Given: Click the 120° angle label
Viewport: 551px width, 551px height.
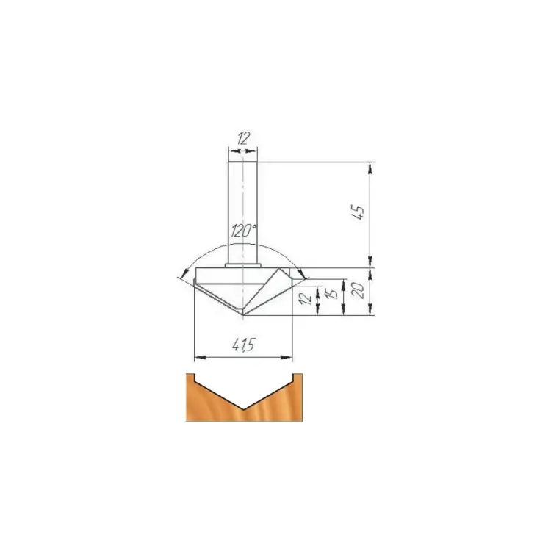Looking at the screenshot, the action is tap(243, 231).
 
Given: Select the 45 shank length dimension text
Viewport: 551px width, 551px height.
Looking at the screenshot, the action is tap(359, 212).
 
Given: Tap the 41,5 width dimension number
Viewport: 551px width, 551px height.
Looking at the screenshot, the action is tap(243, 345).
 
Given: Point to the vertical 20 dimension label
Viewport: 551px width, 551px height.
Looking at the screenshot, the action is tap(359, 291).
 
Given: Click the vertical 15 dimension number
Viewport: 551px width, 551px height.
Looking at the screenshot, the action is tap(332, 292).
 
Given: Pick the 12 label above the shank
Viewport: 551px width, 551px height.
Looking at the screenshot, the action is tap(243, 138).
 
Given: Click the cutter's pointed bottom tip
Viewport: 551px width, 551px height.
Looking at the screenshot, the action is tap(243, 315).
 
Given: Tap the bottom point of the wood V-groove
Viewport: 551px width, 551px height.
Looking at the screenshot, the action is tap(243, 409).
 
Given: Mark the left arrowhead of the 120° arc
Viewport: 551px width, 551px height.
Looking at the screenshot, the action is tap(183, 273).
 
